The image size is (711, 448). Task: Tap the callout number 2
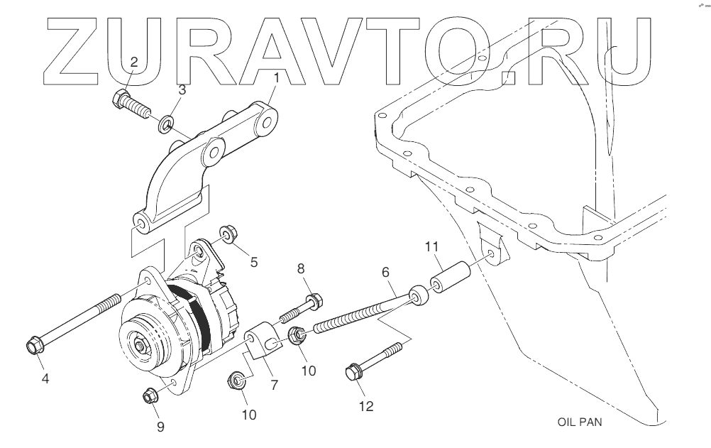tap(133, 62)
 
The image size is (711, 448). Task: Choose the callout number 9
tap(160, 427)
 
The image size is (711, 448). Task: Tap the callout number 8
tap(301, 268)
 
